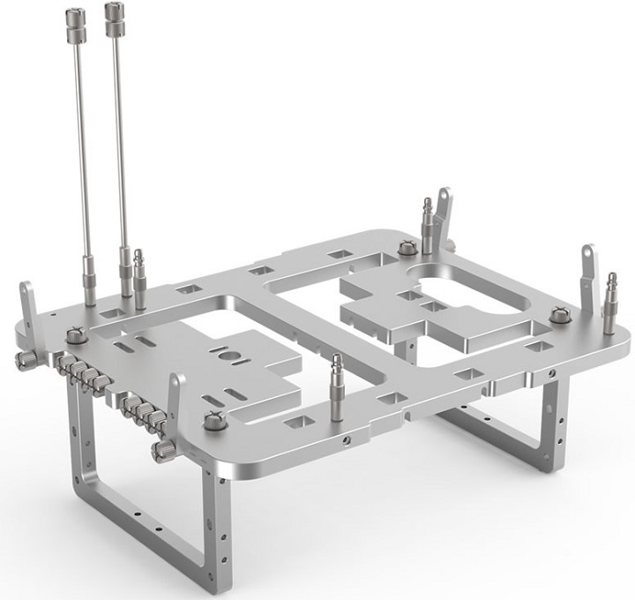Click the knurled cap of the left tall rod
[75, 19]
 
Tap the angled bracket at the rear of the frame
[444, 212]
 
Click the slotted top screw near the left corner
[77, 335]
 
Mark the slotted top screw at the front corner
[213, 422]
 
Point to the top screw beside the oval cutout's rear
[407, 249]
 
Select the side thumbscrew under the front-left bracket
[164, 451]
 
